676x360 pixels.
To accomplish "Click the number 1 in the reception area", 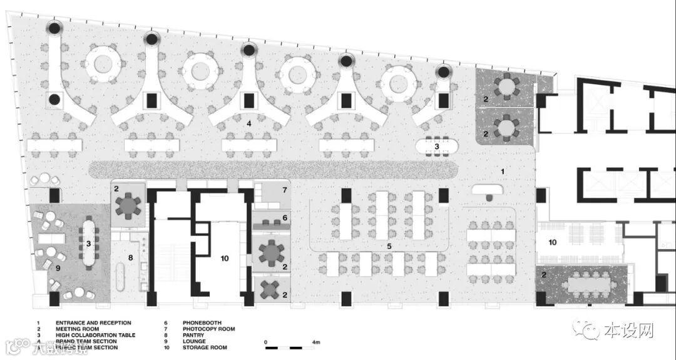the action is [501, 170].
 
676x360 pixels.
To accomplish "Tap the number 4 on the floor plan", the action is [249, 124].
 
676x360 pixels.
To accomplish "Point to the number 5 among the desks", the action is [389, 247].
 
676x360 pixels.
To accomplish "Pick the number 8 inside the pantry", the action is [130, 257].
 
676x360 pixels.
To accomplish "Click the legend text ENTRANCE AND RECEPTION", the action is [93, 323].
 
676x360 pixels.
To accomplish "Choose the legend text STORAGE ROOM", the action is [205, 347].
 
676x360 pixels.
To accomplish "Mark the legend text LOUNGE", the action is [193, 341].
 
